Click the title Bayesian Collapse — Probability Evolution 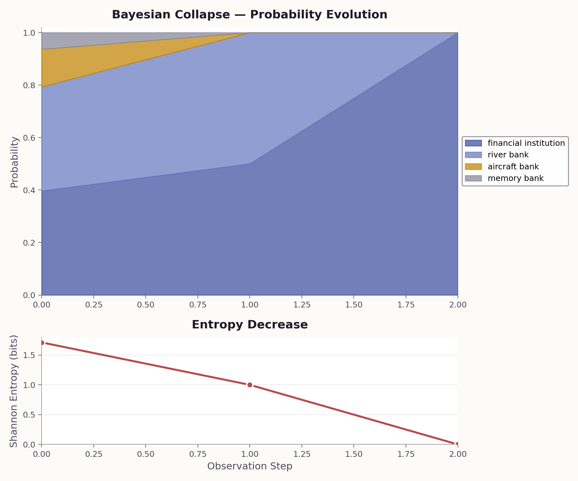(249, 15)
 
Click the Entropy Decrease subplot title (249, 325)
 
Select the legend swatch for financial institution (473, 143)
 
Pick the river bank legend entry (508, 155)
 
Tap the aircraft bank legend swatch (473, 167)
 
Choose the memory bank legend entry (515, 178)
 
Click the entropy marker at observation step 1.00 (250, 385)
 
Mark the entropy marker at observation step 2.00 (457, 444)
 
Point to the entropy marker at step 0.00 (42, 343)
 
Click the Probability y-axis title (14, 162)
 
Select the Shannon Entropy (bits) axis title (14, 391)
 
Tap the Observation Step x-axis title (249, 466)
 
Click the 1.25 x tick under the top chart (302, 305)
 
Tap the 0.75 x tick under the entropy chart (197, 454)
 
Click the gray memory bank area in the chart (81, 40)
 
